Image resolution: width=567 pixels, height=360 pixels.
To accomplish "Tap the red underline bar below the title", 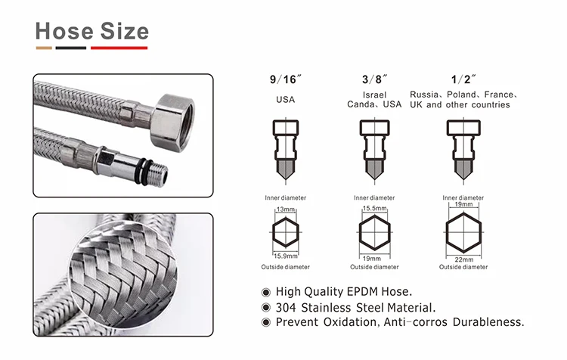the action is (x=119, y=48).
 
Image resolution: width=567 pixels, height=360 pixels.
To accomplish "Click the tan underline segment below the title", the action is (x=44, y=48).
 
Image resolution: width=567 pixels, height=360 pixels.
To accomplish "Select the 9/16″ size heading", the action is (x=285, y=79).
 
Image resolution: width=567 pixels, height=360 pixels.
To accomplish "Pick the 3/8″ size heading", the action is (x=374, y=79).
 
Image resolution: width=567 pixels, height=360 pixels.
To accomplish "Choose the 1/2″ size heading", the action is (x=463, y=79).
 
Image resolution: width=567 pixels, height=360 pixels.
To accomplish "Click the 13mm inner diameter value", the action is (x=286, y=209).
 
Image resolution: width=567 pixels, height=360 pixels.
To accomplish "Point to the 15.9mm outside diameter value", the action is (x=286, y=256).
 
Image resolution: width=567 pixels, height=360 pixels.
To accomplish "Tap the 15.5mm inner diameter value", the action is (x=375, y=209).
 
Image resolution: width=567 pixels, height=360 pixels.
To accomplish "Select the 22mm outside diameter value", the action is (x=464, y=259).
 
